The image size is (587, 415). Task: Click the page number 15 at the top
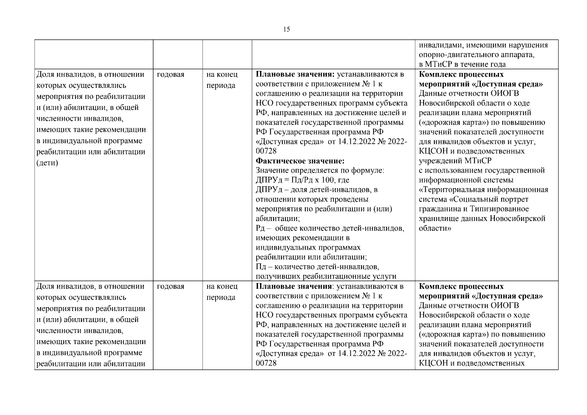click(x=286, y=29)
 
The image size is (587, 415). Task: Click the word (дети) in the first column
click(x=47, y=163)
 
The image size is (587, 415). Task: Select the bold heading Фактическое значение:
click(x=300, y=161)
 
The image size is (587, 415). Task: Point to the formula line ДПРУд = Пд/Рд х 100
click(x=302, y=180)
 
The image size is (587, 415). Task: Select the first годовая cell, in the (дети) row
click(x=171, y=74)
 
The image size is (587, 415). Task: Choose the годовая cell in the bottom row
click(x=171, y=286)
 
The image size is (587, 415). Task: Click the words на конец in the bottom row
click(x=222, y=286)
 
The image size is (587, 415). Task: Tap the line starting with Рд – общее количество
click(x=330, y=228)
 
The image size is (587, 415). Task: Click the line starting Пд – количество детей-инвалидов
click(x=317, y=267)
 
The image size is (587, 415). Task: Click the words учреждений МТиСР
click(x=455, y=161)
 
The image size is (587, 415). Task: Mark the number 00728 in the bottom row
click(x=266, y=363)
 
